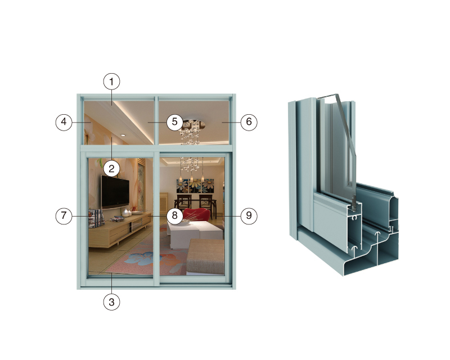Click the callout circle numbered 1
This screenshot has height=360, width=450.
tap(111, 82)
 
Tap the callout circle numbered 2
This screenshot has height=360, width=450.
tap(111, 169)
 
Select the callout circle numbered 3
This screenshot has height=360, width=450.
tap(111, 301)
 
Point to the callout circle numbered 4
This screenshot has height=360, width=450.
tap(64, 122)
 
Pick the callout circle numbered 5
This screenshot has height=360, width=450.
tap(174, 121)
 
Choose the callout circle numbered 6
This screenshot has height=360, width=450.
tap(249, 122)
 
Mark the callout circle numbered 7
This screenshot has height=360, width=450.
tap(64, 216)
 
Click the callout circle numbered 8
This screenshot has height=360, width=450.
tap(174, 215)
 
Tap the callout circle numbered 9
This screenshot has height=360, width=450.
tap(249, 215)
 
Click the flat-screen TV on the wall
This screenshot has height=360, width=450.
tap(115, 191)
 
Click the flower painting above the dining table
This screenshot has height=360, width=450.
tap(195, 186)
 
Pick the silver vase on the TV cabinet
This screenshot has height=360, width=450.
tap(125, 213)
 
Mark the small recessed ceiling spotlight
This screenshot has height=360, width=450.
tap(123, 135)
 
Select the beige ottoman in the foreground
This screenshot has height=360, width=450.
tap(205, 257)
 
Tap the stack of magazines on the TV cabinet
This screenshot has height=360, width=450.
tap(117, 219)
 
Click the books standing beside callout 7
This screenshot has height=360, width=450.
tap(96, 218)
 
